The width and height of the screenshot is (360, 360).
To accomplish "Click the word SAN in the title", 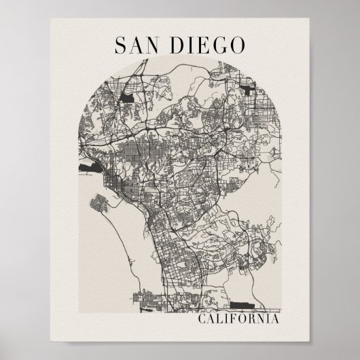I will click(139, 46).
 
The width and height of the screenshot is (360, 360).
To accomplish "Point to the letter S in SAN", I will click(120, 46).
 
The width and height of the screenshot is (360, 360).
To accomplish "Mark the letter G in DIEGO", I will click(219, 46).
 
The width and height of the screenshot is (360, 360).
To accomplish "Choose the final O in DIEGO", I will click(237, 46).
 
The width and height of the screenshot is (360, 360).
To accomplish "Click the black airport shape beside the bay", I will click(90, 164).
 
